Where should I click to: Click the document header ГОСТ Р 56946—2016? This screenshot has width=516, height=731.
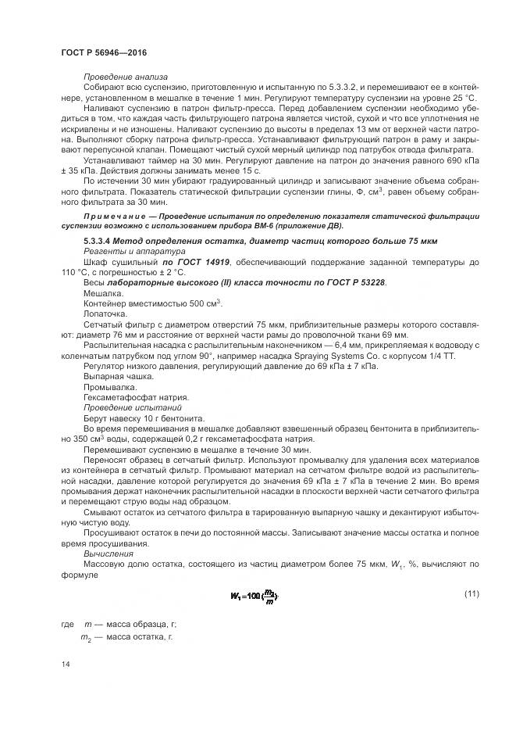(x=103, y=52)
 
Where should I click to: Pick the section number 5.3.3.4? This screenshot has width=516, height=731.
(x=101, y=241)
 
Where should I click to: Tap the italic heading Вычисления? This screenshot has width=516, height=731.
(x=109, y=553)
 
